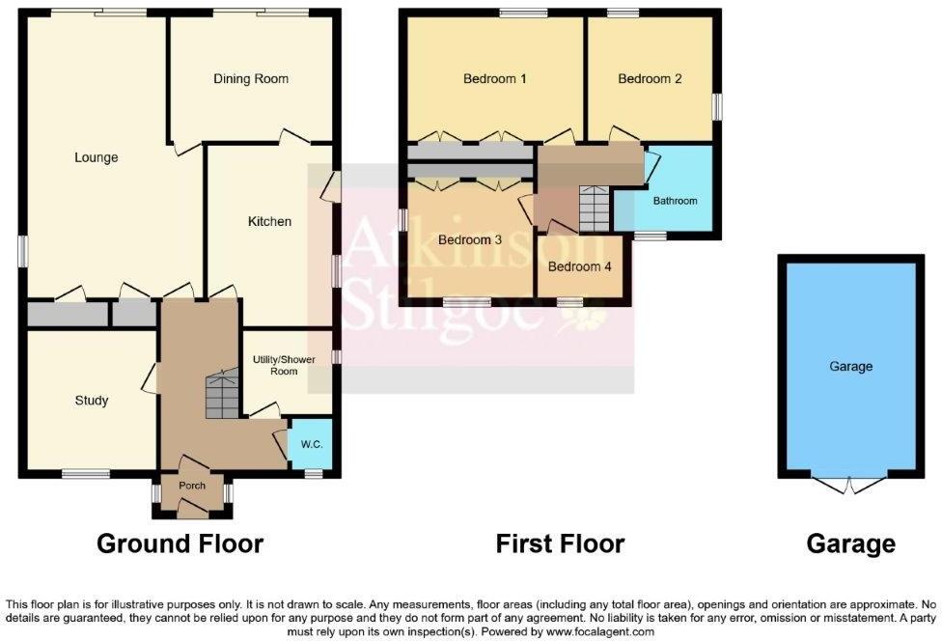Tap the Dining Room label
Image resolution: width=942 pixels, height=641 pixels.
point(251,79)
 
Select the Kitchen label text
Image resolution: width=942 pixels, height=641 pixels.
point(269,221)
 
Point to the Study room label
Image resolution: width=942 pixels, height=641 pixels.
point(92,400)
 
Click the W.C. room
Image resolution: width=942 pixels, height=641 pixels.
point(311,445)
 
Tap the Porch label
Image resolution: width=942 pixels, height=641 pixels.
point(192,485)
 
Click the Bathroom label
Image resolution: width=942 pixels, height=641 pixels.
point(675,202)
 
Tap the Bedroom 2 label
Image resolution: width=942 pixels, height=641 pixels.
point(650,79)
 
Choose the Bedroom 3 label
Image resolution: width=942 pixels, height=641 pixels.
point(469,239)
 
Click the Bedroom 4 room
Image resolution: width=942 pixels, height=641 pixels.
point(579,265)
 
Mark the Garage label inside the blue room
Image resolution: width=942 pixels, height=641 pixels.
point(850,366)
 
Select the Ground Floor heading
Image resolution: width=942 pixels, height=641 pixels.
point(180,543)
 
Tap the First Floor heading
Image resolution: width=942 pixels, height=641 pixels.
point(560,543)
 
